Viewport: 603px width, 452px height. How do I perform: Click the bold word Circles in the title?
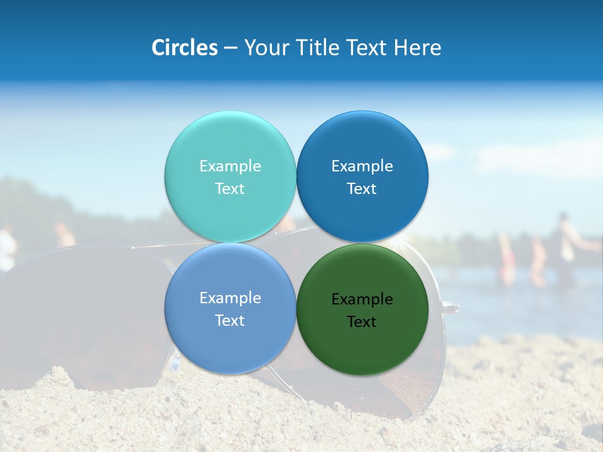click(185, 48)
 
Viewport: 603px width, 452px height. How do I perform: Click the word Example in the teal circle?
click(230, 166)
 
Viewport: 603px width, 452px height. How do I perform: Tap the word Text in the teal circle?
click(230, 189)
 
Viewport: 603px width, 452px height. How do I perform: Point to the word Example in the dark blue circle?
click(362, 166)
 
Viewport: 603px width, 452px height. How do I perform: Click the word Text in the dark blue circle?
click(362, 189)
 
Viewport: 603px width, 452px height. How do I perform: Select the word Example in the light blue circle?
click(230, 298)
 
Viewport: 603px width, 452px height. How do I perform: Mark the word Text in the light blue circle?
click(230, 321)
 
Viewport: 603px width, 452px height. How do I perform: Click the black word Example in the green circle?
click(362, 299)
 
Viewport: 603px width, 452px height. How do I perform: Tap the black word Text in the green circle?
click(362, 322)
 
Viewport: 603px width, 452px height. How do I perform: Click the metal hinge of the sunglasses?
click(450, 307)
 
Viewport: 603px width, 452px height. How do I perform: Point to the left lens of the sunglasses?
click(82, 314)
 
